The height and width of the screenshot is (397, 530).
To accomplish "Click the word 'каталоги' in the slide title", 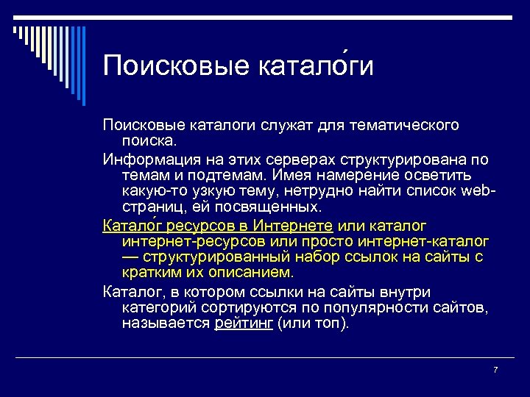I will (317, 65).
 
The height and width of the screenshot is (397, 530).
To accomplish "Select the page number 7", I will (495, 369).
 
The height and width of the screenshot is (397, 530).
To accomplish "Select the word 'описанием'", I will (251, 273).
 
